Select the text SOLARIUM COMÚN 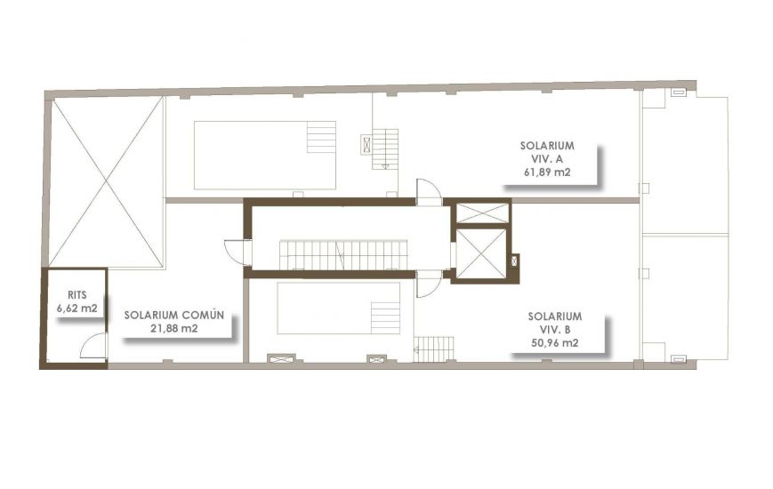pos(173,315)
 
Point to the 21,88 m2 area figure pos(174,328)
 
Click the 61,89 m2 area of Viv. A pos(548,172)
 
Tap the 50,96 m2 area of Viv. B pos(554,343)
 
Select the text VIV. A pos(548,158)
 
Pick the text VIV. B pos(554,329)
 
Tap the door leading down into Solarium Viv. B pos(428,284)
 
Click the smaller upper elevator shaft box pos(481,213)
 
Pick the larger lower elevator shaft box pos(480,253)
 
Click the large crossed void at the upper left pos(106,182)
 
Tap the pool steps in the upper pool pos(321,139)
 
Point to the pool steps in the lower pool pos(385,317)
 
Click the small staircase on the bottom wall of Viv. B pos(433,349)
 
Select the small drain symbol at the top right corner pos(678,92)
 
